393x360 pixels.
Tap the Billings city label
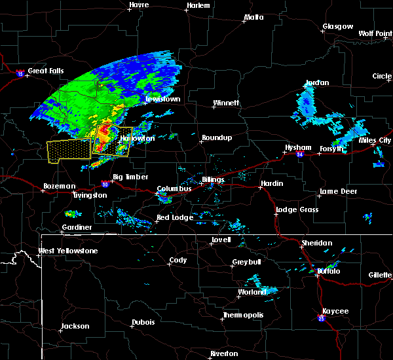(213, 180)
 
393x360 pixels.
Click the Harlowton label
(137, 139)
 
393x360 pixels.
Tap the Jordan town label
(317, 83)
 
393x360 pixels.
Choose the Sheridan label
(316, 243)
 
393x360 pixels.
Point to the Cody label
(178, 261)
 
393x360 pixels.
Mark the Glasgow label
(337, 27)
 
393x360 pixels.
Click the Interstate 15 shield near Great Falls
(20, 73)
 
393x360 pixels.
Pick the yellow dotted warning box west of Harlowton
(69, 150)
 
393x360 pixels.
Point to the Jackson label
(75, 326)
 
